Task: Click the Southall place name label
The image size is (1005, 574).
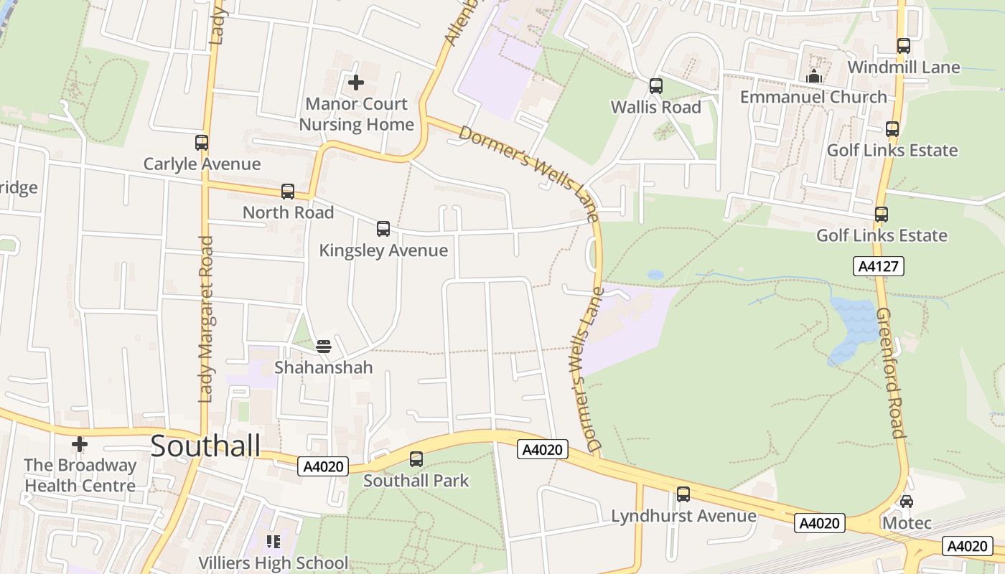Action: [x=205, y=446]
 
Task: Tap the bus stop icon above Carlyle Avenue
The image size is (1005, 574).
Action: [x=202, y=143]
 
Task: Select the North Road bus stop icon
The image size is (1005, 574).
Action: [x=288, y=192]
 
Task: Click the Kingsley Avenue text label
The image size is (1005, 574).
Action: [x=383, y=250]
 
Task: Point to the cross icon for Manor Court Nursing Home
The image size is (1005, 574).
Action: [x=355, y=83]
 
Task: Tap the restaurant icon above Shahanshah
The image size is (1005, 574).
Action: [x=324, y=347]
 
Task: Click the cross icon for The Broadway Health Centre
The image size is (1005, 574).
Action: [x=80, y=445]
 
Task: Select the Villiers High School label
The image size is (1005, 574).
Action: [x=273, y=563]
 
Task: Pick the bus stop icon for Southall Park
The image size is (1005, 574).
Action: [x=416, y=459]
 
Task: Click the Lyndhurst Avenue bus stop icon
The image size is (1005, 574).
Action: [x=683, y=494]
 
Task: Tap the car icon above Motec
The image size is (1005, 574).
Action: [x=907, y=502]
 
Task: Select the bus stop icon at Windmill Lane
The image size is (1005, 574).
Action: [x=904, y=46]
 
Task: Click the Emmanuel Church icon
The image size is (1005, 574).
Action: [x=814, y=76]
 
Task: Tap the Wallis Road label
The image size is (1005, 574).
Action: [x=655, y=107]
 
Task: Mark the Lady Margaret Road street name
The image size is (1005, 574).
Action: [x=206, y=319]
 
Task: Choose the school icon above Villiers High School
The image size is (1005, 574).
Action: [x=273, y=541]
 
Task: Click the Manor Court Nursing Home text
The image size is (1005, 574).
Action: [x=356, y=114]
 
